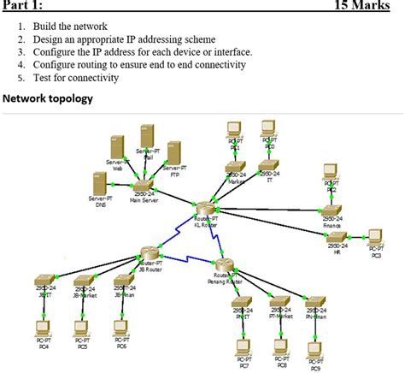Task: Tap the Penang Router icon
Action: (x=225, y=264)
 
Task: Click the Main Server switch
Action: (x=144, y=185)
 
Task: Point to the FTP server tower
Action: (x=174, y=155)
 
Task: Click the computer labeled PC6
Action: (x=121, y=328)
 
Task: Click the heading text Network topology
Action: (x=48, y=99)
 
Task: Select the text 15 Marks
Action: (x=369, y=6)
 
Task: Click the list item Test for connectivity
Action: (x=76, y=77)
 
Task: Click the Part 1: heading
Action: (x=22, y=6)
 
